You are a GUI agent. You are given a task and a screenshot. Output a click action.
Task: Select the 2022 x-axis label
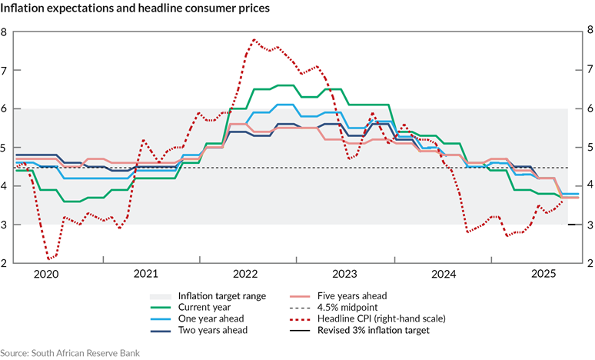245,274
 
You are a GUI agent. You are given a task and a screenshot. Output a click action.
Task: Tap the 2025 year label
543,274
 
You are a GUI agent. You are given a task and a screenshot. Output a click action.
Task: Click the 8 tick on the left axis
5,32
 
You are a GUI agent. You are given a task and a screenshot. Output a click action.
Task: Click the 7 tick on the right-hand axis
589,71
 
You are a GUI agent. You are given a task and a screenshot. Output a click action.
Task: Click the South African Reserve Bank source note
71,352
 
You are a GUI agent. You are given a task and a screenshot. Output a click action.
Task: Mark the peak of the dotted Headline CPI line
254,40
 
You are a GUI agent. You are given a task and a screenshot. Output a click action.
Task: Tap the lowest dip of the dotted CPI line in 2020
50,259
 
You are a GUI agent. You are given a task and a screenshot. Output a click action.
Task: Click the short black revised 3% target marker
571,225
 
